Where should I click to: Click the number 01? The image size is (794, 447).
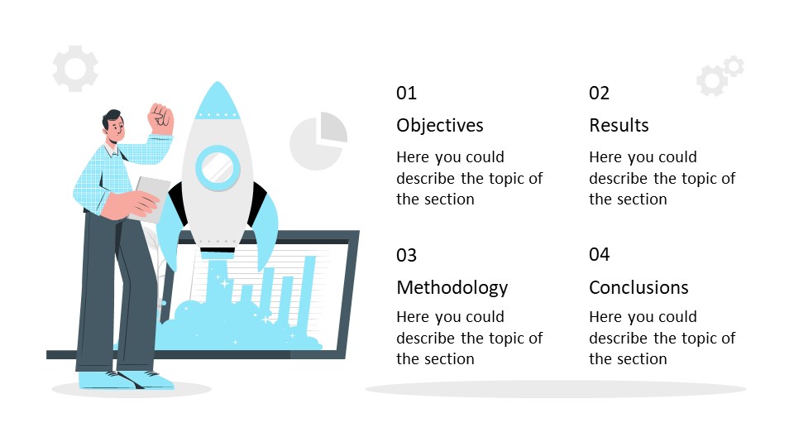406,94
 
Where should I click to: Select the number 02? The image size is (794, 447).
599,94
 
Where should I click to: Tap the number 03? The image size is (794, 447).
406,255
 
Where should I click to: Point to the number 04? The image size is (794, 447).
599,254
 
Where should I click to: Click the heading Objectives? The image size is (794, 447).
439,126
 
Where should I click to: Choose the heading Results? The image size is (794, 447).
619,125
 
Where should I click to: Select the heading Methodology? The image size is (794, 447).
452,288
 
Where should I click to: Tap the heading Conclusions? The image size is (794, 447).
639,287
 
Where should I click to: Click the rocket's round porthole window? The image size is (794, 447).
218,168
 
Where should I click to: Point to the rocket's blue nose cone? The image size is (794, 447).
218,100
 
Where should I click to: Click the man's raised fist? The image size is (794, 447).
161,119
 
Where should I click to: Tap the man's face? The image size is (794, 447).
116,127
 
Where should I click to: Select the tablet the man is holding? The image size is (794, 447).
150,199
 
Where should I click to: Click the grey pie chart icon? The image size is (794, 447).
318,142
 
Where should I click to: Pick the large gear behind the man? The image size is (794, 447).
75,69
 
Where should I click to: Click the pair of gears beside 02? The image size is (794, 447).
720,75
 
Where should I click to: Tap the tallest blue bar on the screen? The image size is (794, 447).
308,294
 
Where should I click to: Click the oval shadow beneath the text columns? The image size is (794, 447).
556,389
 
